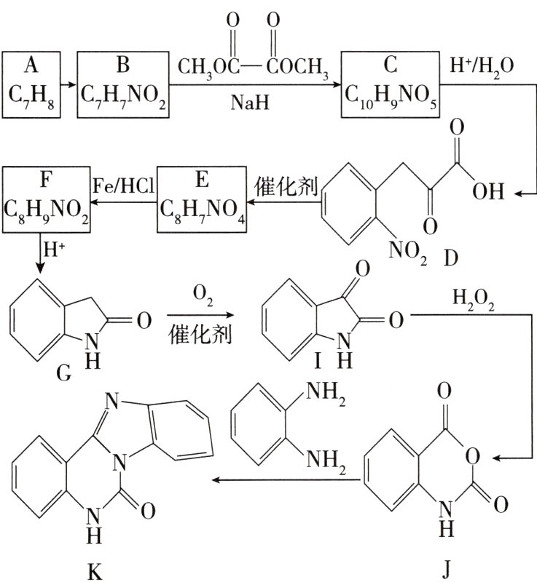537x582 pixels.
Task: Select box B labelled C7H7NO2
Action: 122,84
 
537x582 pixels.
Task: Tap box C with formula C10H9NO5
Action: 391,84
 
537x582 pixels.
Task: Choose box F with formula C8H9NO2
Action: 47,200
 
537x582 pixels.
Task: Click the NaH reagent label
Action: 251,104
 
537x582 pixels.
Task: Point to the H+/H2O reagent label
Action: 483,67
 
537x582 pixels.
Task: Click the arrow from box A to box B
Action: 68,84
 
